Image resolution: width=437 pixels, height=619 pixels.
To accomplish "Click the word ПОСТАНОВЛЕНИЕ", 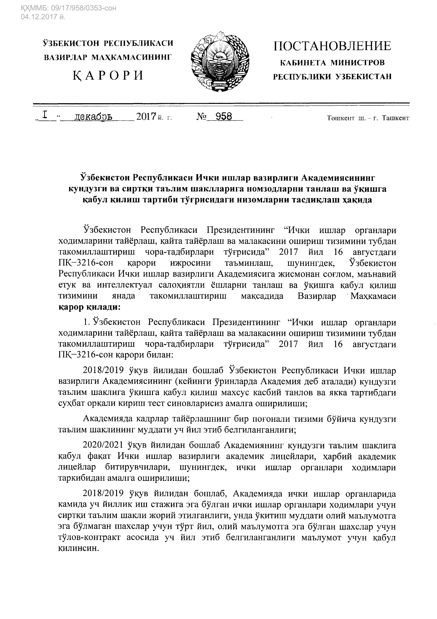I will coord(332,46).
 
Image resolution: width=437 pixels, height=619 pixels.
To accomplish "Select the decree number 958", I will coord(224,117).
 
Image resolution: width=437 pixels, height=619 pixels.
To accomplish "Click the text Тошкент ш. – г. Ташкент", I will coord(368,118).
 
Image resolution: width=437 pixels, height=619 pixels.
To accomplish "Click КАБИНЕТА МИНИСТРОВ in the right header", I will coord(332,63).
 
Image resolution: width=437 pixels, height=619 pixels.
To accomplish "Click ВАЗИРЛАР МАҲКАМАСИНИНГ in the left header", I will coord(108,57).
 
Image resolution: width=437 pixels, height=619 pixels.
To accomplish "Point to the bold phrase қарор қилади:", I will coord(89,307).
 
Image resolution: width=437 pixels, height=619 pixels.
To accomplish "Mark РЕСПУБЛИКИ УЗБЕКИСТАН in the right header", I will coord(332,77).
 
